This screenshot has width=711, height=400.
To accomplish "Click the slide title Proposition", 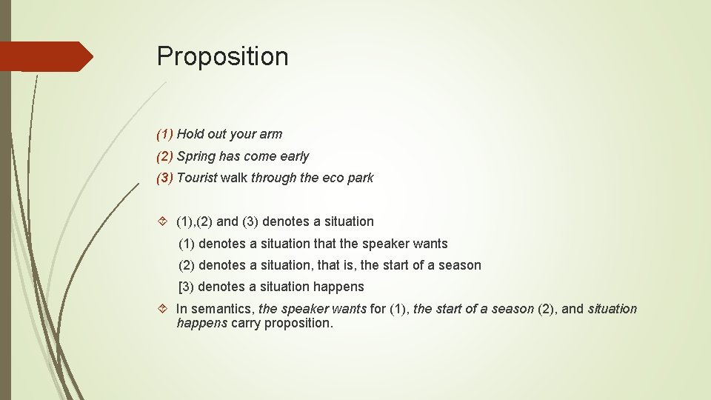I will click(x=222, y=56).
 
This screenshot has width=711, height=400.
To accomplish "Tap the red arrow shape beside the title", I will click(x=46, y=56).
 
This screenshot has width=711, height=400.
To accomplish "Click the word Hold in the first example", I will click(x=190, y=134).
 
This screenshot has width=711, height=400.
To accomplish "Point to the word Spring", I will click(x=196, y=156).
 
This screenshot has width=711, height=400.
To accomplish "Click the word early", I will click(x=295, y=156).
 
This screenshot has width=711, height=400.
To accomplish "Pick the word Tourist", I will click(x=197, y=178).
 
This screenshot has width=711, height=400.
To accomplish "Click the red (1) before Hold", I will click(x=164, y=134).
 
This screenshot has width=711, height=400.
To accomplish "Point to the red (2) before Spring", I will click(x=164, y=156).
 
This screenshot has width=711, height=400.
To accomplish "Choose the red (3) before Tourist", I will click(x=164, y=178).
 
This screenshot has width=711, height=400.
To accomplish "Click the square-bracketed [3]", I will click(x=187, y=287).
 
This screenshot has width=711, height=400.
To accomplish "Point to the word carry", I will click(x=246, y=323).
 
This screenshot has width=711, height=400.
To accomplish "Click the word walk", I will click(x=234, y=178).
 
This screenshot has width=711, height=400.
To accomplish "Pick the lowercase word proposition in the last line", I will click(x=298, y=323).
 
